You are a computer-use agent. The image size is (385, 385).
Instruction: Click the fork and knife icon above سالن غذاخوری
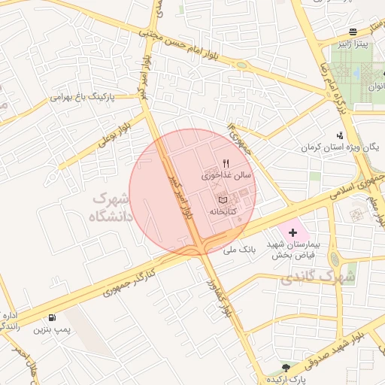226,162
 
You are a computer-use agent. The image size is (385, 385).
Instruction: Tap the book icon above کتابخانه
222,200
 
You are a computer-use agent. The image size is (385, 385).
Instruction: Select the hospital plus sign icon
293,234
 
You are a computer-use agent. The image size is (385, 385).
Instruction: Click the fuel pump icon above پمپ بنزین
52,318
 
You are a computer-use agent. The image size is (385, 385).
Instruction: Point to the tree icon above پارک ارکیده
285,366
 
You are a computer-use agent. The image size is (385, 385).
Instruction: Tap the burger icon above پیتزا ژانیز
353,32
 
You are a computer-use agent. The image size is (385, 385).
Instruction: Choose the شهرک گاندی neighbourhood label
317,278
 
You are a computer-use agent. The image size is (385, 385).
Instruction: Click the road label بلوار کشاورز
222,299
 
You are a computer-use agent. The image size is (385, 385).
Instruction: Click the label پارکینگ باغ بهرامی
83,98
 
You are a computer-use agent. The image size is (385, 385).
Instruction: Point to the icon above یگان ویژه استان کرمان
340,135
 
